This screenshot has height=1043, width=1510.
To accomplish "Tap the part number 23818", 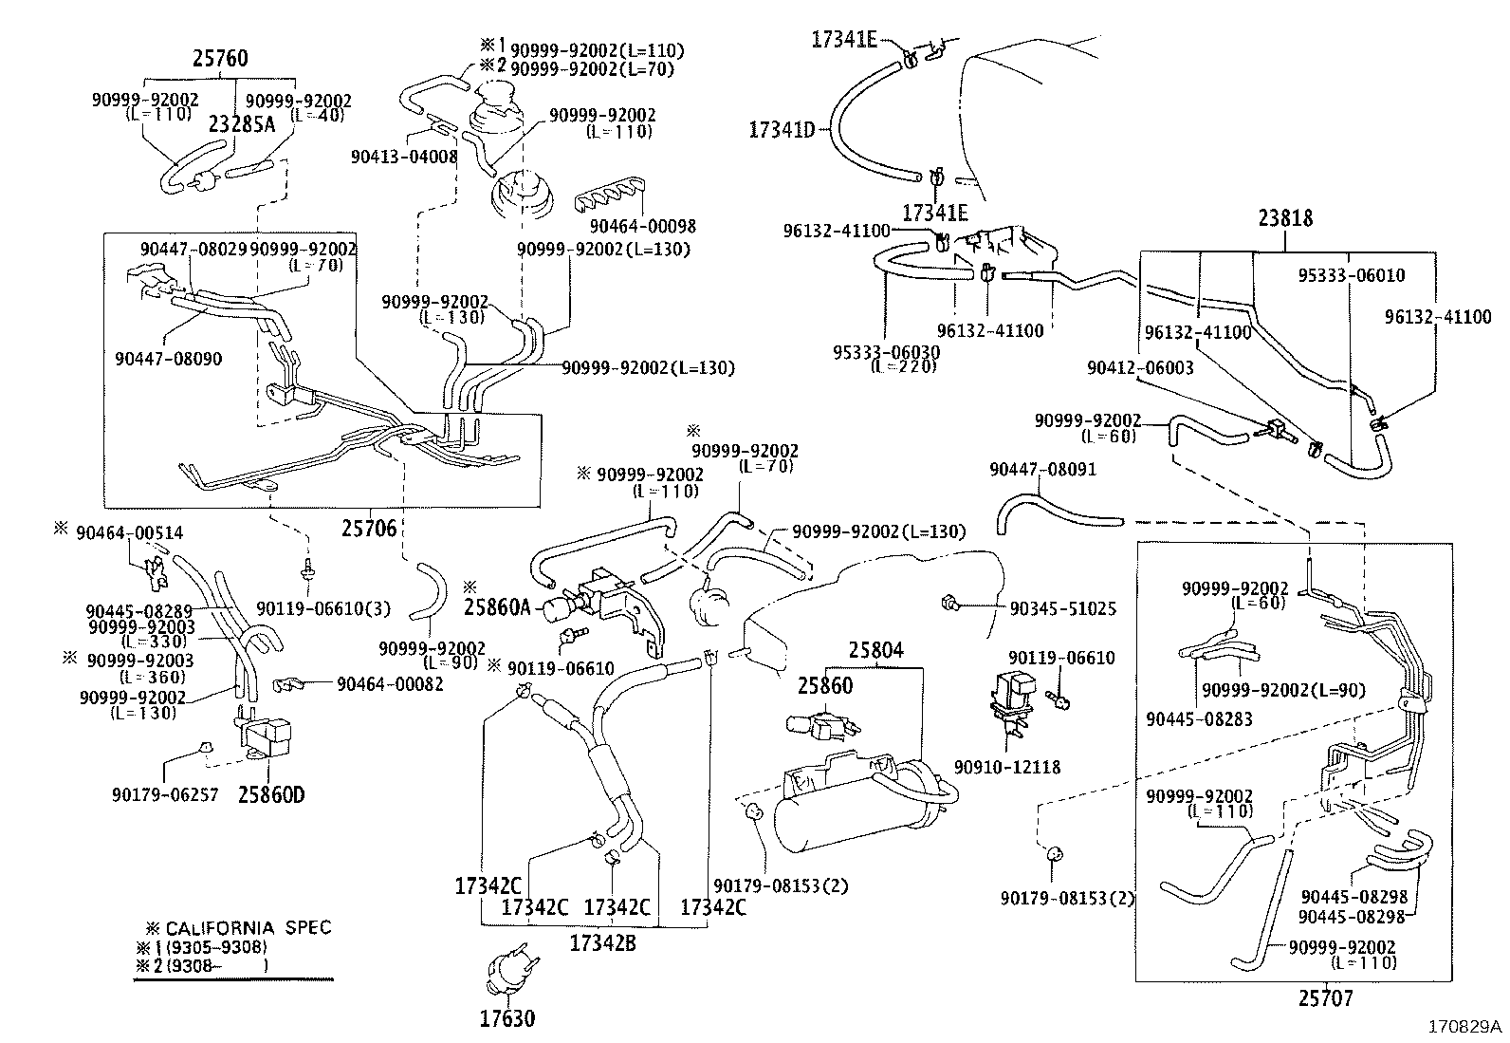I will (x=1285, y=218).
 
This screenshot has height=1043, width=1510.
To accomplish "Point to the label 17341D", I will (x=782, y=130).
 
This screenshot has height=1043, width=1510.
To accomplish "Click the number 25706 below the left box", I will (x=368, y=528).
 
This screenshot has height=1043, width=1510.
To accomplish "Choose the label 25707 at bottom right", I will (x=1325, y=997).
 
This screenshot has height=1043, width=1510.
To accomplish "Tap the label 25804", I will (x=875, y=651).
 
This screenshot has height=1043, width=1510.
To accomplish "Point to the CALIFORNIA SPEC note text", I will (x=248, y=927).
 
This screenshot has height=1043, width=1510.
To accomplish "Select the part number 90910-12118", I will (x=1006, y=767).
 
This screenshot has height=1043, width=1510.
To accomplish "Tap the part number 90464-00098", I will (x=642, y=226).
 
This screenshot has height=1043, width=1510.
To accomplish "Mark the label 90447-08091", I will (x=1042, y=469).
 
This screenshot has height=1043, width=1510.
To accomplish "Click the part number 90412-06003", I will (x=1140, y=367).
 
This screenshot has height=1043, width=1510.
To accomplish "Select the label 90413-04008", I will (x=404, y=157).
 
